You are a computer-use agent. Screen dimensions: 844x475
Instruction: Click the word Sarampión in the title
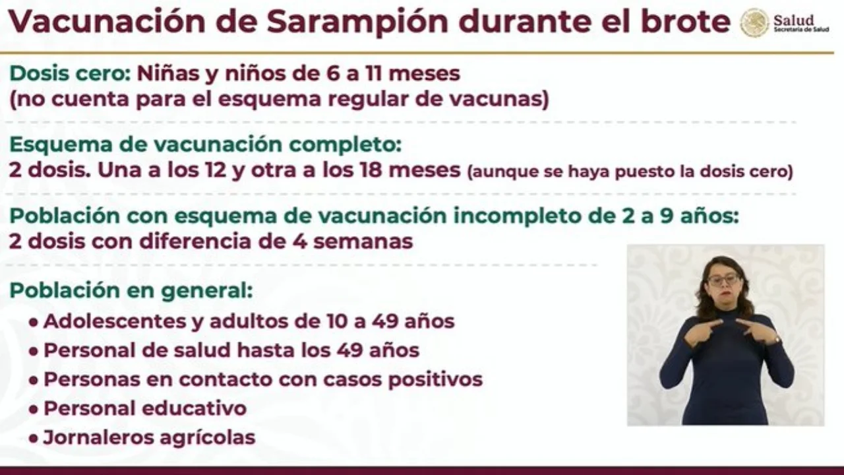click(357, 22)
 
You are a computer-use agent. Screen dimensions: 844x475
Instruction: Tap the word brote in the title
click(686, 21)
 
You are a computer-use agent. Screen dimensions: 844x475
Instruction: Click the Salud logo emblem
click(754, 22)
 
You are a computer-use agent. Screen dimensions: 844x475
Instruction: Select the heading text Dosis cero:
click(70, 73)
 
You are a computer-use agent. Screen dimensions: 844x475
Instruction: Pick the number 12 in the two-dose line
click(216, 170)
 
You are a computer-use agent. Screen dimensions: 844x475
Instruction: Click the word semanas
click(363, 241)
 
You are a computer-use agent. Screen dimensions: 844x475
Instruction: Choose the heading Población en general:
click(131, 291)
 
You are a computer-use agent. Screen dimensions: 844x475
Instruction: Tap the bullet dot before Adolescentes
click(33, 323)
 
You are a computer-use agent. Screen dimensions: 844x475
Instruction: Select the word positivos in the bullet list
click(436, 379)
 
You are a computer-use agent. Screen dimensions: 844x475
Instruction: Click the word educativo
click(196, 408)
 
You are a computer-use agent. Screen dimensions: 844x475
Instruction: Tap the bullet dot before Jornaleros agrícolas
click(33, 439)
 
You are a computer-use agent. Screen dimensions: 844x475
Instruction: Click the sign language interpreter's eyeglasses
click(724, 280)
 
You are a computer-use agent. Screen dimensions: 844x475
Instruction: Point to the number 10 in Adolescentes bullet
click(337, 321)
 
